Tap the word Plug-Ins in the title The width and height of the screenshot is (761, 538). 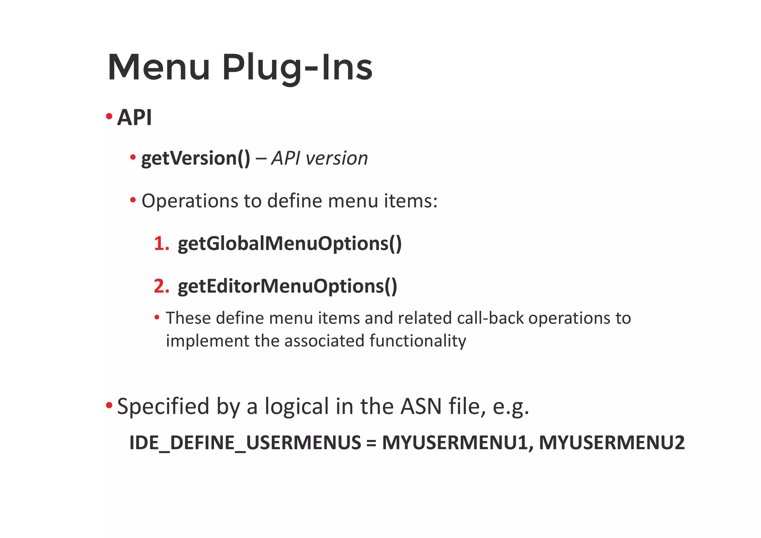[x=297, y=68]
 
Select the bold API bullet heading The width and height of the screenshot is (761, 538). [x=134, y=118]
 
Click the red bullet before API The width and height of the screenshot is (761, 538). [x=109, y=117]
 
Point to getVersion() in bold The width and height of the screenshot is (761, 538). [x=196, y=159]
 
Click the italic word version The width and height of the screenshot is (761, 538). [x=337, y=159]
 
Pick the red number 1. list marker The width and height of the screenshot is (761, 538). [x=162, y=244]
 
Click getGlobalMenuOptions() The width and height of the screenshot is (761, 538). [x=289, y=244]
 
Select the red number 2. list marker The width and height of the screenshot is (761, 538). [x=162, y=286]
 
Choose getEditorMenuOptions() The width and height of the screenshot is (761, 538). [x=287, y=286]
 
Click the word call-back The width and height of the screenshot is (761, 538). [x=490, y=318]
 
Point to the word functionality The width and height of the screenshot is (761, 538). [x=418, y=341]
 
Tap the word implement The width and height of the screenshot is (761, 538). [x=207, y=341]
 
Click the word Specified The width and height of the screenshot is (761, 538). [x=163, y=406]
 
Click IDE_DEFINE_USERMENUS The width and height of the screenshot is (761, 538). [x=245, y=443]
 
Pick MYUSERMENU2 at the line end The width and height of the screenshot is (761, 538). [x=611, y=443]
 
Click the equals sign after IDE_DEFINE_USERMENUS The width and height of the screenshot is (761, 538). [x=371, y=443]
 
